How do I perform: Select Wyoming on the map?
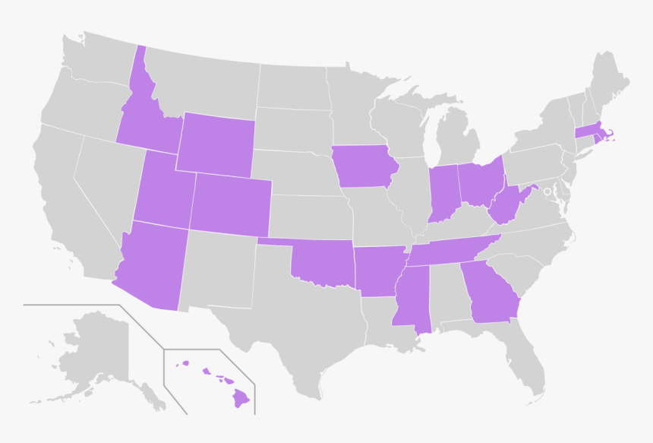pyautogui.click(x=216, y=143)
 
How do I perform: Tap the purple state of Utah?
pyautogui.click(x=163, y=194)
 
